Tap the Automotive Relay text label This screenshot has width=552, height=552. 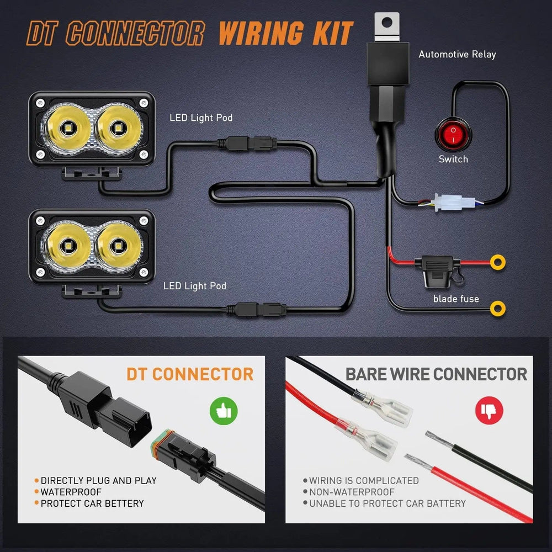[x=457, y=54]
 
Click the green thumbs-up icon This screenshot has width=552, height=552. [x=223, y=411]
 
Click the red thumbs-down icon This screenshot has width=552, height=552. [x=489, y=411]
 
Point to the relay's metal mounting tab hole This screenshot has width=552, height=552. [x=387, y=23]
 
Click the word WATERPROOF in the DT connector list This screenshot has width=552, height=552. [x=71, y=492]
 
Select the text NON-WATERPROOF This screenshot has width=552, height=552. [x=352, y=492]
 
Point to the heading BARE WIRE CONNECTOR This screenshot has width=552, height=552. [x=436, y=374]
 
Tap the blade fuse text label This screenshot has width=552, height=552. [x=456, y=299]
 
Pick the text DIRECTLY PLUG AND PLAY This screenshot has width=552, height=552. [x=98, y=481]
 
